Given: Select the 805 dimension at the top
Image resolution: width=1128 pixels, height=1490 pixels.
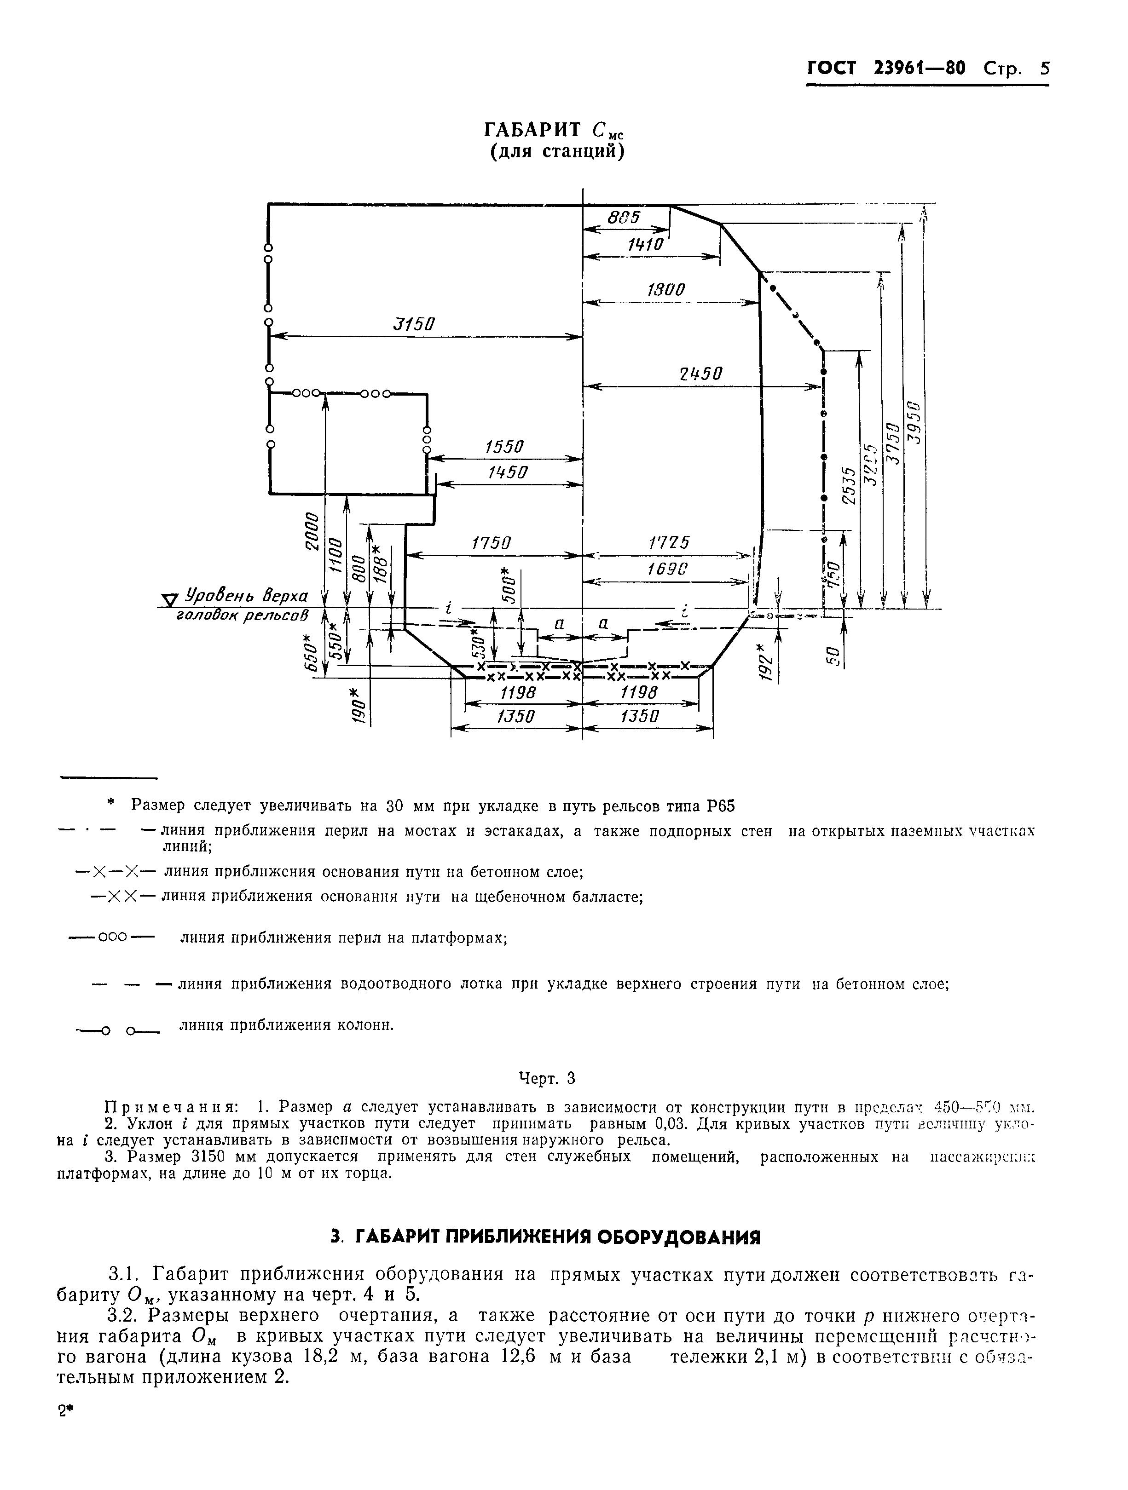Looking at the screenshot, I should click(623, 218).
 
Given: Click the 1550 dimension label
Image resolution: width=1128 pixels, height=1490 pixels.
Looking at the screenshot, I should click(503, 447).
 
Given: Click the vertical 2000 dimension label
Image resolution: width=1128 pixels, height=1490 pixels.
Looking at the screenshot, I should click(311, 531).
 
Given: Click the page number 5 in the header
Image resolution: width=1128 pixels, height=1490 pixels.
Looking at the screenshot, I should click(1044, 69).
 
